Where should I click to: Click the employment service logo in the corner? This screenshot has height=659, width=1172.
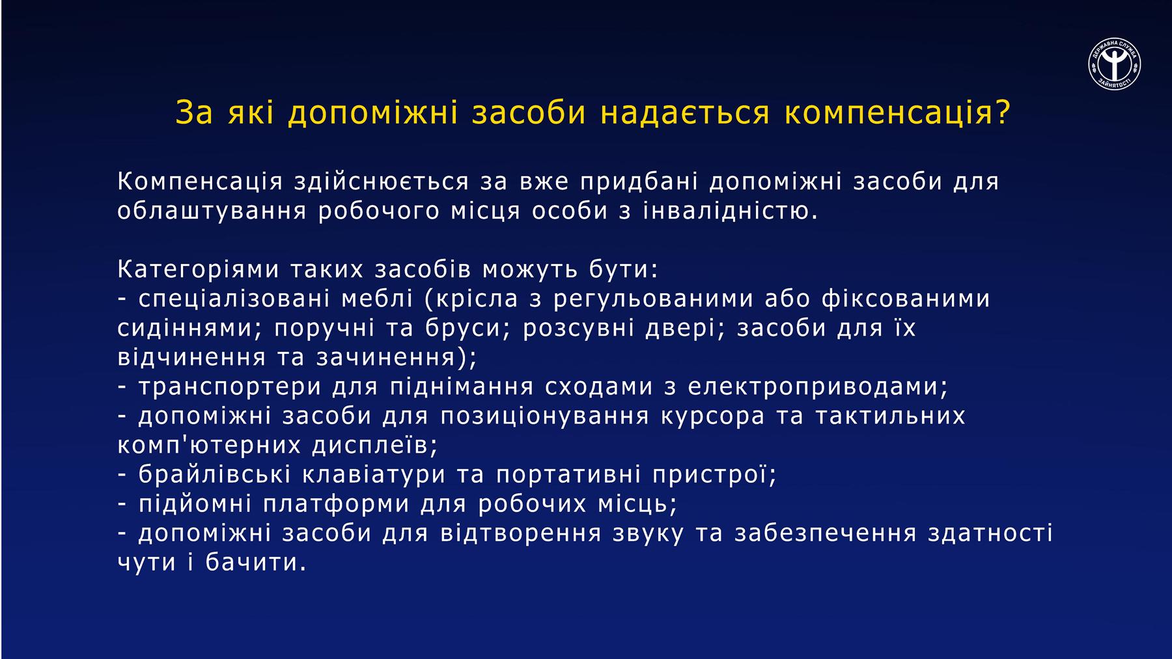pos(1114,64)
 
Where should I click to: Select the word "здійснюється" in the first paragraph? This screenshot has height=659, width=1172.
pos(381,182)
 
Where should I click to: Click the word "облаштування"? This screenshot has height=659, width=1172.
pos(212,211)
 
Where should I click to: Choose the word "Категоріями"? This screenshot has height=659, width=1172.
pos(198,269)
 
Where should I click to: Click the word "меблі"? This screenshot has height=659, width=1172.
pos(377,299)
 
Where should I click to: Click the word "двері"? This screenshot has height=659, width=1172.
pos(680,328)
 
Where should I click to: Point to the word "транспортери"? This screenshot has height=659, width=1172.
pos(230,386)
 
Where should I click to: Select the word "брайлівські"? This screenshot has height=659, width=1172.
pos(214,474)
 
